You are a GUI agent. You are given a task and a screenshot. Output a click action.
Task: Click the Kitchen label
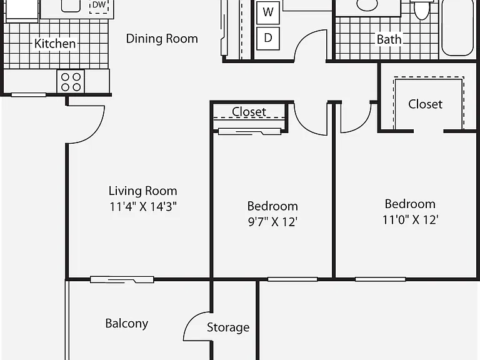click(x=55, y=44)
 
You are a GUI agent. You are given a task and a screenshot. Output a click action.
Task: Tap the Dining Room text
click(x=162, y=39)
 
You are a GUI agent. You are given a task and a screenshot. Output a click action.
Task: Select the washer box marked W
click(x=268, y=12)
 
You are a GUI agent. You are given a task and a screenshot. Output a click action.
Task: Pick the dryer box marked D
click(x=268, y=38)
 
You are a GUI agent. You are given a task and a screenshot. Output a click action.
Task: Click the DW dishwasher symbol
click(x=99, y=6)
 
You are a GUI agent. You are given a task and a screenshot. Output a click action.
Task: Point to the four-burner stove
click(x=71, y=81)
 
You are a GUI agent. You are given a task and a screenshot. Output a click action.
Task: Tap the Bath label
click(x=389, y=39)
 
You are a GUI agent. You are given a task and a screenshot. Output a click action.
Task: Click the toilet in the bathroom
click(x=421, y=9)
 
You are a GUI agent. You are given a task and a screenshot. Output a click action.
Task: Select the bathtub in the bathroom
click(x=457, y=27)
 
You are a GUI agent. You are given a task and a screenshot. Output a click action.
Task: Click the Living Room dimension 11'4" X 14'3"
click(x=143, y=207)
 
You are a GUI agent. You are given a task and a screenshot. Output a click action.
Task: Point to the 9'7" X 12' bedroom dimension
click(x=272, y=222)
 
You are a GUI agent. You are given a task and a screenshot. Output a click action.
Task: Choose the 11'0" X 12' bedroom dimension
click(x=410, y=219)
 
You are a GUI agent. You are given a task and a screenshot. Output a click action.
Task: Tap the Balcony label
click(x=126, y=324)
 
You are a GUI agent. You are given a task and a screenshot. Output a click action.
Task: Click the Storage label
click(x=228, y=327)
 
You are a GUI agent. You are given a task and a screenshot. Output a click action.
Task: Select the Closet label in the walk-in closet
click(x=425, y=104)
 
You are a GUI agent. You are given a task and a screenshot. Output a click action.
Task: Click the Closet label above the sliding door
click(x=249, y=112)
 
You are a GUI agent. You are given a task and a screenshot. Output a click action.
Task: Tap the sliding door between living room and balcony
click(x=122, y=279)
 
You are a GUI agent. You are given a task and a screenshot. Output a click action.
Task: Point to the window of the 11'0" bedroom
click(x=380, y=279)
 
